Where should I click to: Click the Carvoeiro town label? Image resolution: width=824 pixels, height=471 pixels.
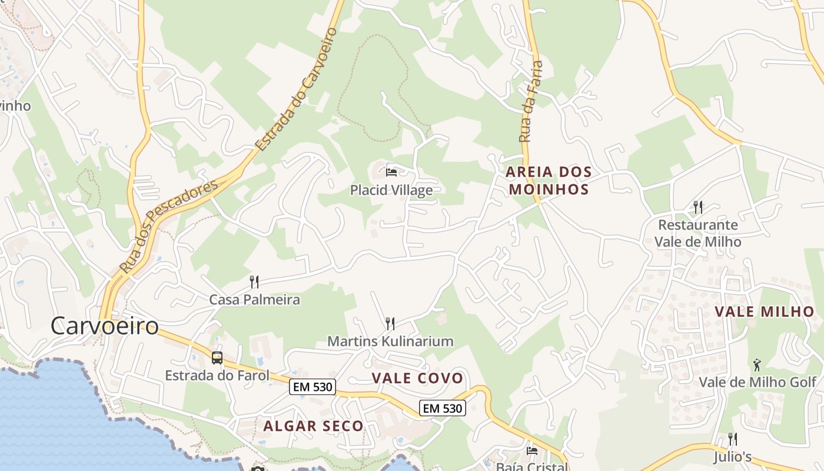pos(104,326)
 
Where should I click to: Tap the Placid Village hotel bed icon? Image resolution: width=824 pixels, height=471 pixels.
pos(391,173)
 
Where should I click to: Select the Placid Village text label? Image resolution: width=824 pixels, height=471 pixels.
pos(391,190)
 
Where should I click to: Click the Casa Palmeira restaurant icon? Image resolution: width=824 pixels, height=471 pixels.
pos(254,282)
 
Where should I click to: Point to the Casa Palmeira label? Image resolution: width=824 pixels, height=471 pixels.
pos(254,300)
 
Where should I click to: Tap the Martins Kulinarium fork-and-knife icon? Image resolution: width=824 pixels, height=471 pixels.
pos(390,323)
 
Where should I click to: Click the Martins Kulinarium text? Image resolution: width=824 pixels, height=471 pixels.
pos(390,341)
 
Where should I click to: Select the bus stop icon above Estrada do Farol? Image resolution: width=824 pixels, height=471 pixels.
pos(217,357)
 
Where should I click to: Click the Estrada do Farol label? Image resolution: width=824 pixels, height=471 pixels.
pos(217,375)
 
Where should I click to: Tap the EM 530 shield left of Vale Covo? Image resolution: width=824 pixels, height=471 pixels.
pos(312,387)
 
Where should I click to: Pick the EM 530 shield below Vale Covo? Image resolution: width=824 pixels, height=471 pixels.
pos(443,407)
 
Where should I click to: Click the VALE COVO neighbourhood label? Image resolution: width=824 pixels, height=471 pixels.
pos(417,378)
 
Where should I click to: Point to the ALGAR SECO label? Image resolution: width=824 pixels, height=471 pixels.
pos(313,426)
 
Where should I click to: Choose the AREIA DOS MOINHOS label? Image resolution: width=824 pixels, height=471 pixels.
pos(549,180)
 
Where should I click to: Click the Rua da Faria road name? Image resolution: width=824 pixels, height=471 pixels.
pos(530,101)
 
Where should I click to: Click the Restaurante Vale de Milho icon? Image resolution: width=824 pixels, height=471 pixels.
pos(698,207)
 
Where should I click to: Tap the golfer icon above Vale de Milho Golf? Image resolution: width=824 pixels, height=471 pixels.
pos(757,365)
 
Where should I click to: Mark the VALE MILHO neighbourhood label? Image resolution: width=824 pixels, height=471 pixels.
pos(764,312)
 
